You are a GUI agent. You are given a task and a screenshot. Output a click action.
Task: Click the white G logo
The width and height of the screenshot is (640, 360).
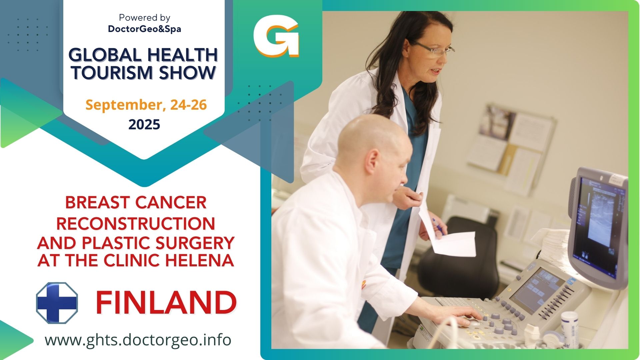point(276,36)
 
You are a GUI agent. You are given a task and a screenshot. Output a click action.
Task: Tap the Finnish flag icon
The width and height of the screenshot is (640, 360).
point(57,303)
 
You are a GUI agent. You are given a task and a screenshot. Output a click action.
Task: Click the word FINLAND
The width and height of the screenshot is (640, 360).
point(166,302)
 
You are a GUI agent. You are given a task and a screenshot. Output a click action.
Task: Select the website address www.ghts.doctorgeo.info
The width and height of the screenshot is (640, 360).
point(138,340)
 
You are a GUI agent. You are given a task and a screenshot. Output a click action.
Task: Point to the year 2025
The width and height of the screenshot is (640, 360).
point(144,125)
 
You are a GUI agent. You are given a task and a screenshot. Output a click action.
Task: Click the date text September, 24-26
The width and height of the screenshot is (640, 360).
point(146,105)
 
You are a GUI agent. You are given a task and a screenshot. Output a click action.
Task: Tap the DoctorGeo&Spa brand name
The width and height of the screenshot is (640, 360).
point(144,29)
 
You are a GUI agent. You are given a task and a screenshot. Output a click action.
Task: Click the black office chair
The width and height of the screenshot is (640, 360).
point(458,257)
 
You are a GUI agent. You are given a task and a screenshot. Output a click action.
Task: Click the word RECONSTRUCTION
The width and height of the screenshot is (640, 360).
point(136,223)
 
